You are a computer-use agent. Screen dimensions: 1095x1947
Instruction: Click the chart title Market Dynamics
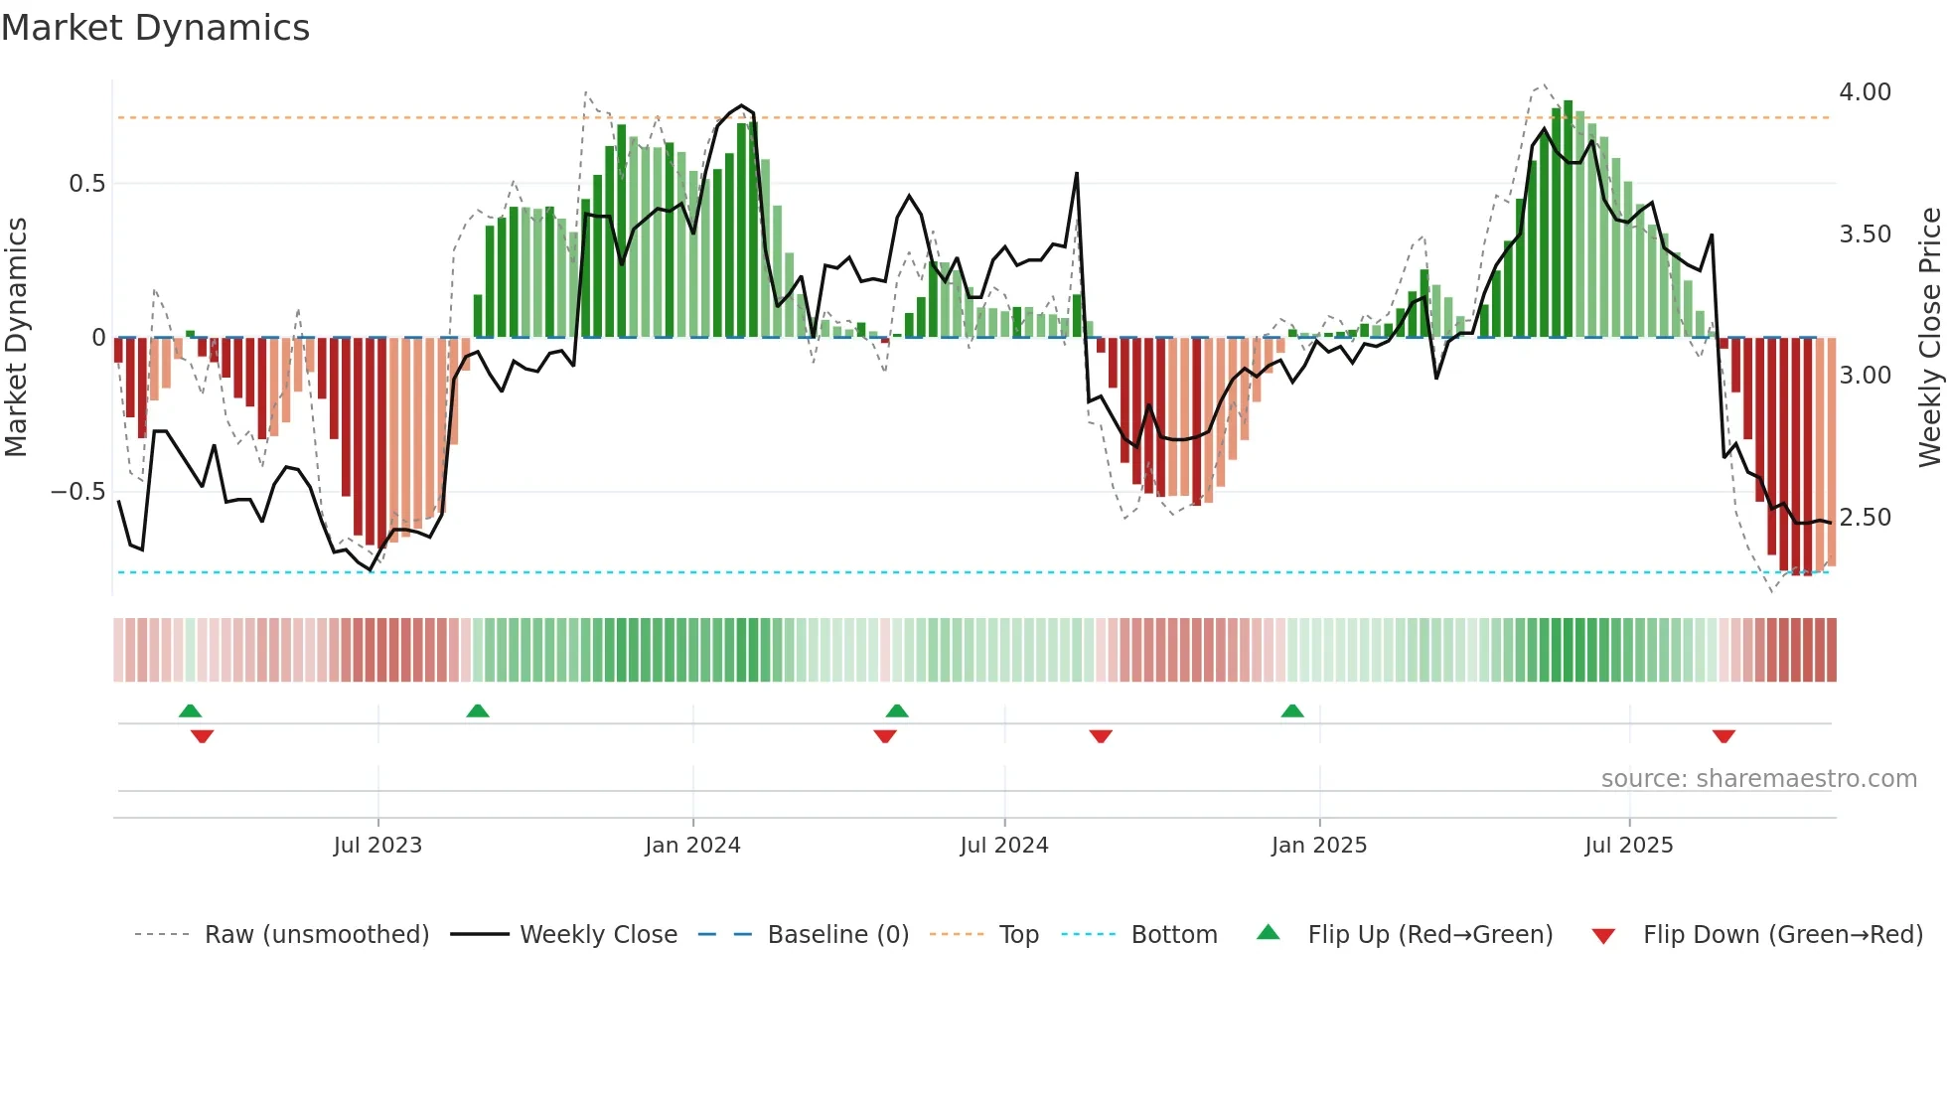click(x=156, y=28)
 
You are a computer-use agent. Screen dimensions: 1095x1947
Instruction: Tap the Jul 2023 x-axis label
click(x=377, y=846)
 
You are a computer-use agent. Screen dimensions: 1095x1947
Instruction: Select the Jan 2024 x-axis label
click(x=692, y=846)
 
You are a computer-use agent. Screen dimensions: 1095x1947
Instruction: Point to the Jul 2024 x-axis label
click(x=1004, y=846)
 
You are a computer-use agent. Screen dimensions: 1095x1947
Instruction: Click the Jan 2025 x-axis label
click(x=1319, y=846)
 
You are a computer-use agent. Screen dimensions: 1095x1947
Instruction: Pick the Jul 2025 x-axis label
click(x=1629, y=846)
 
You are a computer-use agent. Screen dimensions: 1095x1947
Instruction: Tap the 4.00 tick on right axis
click(x=1865, y=92)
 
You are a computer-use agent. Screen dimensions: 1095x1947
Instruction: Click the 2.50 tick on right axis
click(x=1865, y=518)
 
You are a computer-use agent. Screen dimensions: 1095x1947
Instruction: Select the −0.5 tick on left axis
click(x=78, y=492)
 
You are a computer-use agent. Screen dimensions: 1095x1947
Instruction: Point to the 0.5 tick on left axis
click(x=86, y=184)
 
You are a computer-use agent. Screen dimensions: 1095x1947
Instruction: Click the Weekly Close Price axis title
click(x=1929, y=338)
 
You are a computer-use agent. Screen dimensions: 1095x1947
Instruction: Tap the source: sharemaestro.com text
click(x=1758, y=779)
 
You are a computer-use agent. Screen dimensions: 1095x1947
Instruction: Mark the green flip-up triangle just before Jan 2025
click(x=1292, y=710)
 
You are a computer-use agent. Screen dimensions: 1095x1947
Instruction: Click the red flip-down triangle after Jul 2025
click(x=1723, y=736)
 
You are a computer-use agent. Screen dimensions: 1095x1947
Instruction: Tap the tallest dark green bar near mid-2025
click(x=1568, y=219)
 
